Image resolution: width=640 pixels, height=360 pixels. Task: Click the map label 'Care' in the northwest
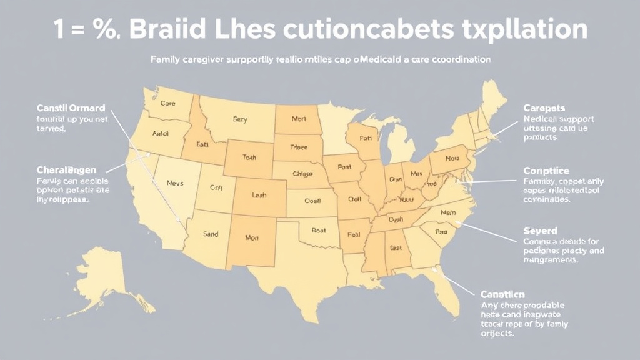(167, 104)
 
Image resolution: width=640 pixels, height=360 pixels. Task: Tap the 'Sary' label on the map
(240, 118)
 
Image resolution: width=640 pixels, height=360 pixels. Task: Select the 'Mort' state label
(299, 117)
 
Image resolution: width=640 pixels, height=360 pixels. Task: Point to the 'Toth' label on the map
(249, 158)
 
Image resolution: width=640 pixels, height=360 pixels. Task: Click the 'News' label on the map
(175, 183)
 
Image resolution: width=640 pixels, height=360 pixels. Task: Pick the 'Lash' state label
(259, 196)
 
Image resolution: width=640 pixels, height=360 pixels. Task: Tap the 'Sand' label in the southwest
(211, 234)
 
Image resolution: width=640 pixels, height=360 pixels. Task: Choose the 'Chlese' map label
(302, 174)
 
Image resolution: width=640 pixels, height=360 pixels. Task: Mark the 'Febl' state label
(354, 235)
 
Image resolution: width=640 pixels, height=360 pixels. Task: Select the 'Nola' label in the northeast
(452, 159)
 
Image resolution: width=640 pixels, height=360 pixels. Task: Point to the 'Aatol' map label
(161, 133)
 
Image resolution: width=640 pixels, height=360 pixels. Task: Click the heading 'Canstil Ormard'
(71, 108)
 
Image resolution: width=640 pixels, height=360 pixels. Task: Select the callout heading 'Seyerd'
(540, 231)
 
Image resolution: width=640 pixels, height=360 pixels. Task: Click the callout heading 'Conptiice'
(547, 170)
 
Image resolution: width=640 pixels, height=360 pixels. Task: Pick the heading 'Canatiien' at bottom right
(502, 294)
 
